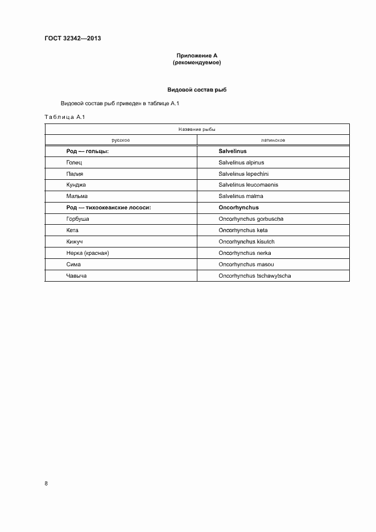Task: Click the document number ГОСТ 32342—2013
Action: (72, 39)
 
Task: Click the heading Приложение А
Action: (197, 55)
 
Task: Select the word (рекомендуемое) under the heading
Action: (197, 63)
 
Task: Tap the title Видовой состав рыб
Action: (197, 90)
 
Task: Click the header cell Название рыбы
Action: (197, 129)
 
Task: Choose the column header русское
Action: (121, 140)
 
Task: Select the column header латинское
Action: (273, 140)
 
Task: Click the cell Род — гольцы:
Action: (88, 151)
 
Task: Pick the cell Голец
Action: (75, 163)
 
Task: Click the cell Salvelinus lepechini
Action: (243, 174)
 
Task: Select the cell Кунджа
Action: (76, 185)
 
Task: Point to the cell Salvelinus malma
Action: (241, 196)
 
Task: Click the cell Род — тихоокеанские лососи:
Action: (109, 208)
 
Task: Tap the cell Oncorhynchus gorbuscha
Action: (251, 219)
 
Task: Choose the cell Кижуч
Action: (75, 242)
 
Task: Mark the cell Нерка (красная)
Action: (87, 253)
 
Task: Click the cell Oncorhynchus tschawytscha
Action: (255, 276)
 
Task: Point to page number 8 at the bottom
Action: (46, 484)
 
